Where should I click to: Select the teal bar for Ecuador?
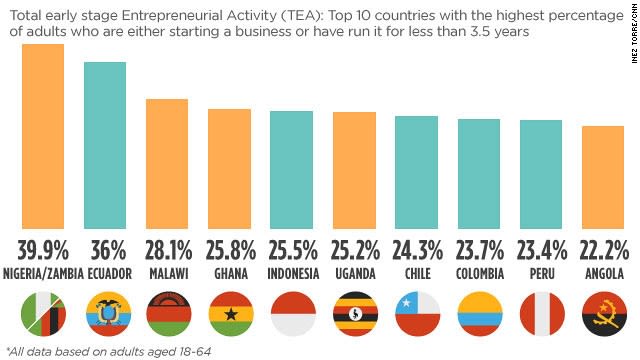coord(104,146)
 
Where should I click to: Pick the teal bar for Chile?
coord(416,173)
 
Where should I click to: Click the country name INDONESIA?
coord(292,273)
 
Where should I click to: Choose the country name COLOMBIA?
coord(478,273)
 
